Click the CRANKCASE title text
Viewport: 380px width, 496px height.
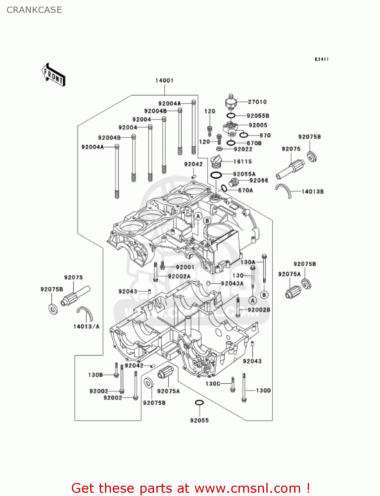tap(34, 10)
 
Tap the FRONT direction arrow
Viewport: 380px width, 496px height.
tap(53, 75)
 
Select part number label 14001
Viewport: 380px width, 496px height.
tap(165, 81)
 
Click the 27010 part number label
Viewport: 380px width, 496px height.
tap(257, 102)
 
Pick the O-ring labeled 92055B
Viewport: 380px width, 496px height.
tap(231, 116)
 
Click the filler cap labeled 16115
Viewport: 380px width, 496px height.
tap(216, 162)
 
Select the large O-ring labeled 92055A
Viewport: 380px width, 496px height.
tap(216, 175)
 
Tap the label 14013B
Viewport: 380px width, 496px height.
tap(312, 191)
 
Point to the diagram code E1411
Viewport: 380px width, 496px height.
tap(322, 60)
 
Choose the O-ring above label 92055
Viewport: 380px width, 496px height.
tap(199, 402)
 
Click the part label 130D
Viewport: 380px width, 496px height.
tap(263, 391)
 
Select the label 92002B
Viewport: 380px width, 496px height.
tap(259, 310)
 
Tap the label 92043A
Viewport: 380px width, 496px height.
tap(232, 283)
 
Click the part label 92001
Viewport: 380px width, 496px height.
tap(185, 267)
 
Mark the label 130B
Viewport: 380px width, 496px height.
tap(95, 375)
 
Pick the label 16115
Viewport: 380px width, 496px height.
tap(243, 162)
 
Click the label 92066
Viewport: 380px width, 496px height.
tap(259, 180)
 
